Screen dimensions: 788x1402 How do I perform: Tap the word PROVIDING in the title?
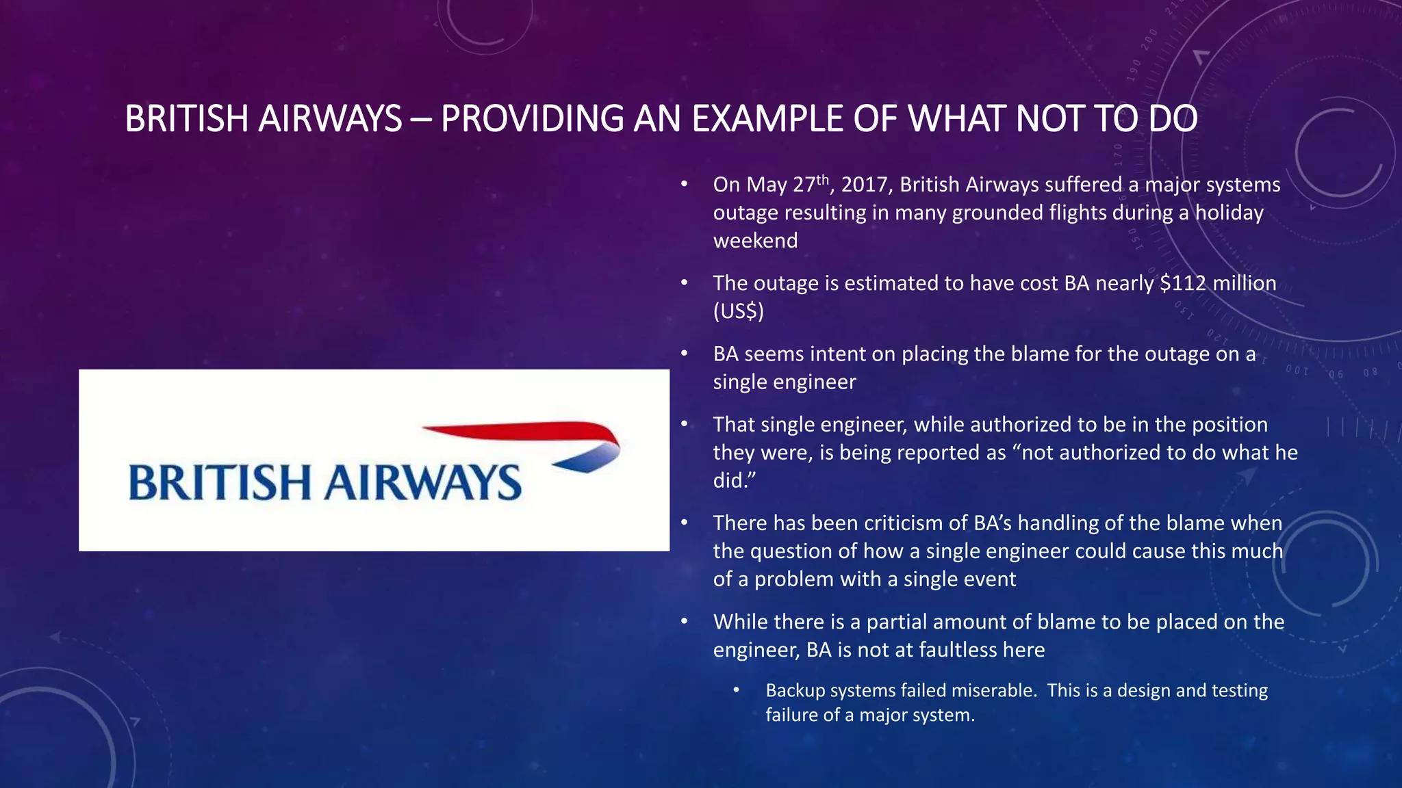click(x=531, y=119)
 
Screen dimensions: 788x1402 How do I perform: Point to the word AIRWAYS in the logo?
click(x=422, y=482)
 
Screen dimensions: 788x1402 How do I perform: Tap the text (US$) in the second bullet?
click(x=738, y=312)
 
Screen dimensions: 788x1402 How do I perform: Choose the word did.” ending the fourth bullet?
click(x=734, y=481)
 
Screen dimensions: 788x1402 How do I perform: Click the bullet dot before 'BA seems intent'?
click(x=684, y=354)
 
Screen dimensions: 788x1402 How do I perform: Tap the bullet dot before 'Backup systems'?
click(x=737, y=690)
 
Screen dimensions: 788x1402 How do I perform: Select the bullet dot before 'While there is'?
click(x=684, y=621)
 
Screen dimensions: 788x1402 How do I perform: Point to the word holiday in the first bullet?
click(x=1229, y=213)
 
